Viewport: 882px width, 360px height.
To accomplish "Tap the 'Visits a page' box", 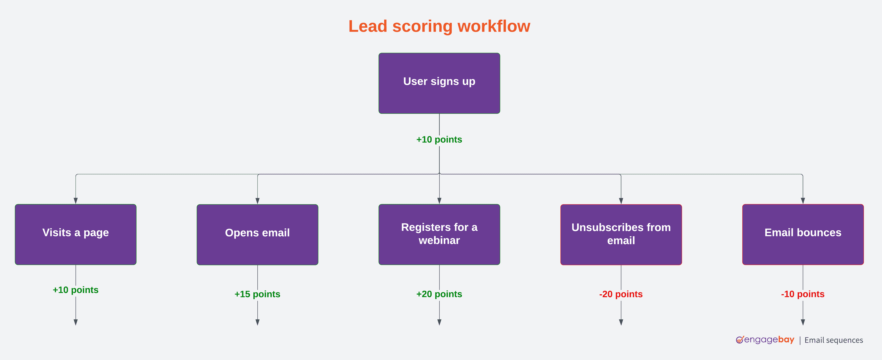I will tap(76, 234).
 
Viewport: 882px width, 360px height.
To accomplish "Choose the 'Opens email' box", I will tap(257, 234).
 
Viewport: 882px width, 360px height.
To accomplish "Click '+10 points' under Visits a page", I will tap(76, 290).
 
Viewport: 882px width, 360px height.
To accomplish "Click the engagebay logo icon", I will tap(740, 340).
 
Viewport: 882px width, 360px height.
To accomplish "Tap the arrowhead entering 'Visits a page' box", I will tap(76, 201).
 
